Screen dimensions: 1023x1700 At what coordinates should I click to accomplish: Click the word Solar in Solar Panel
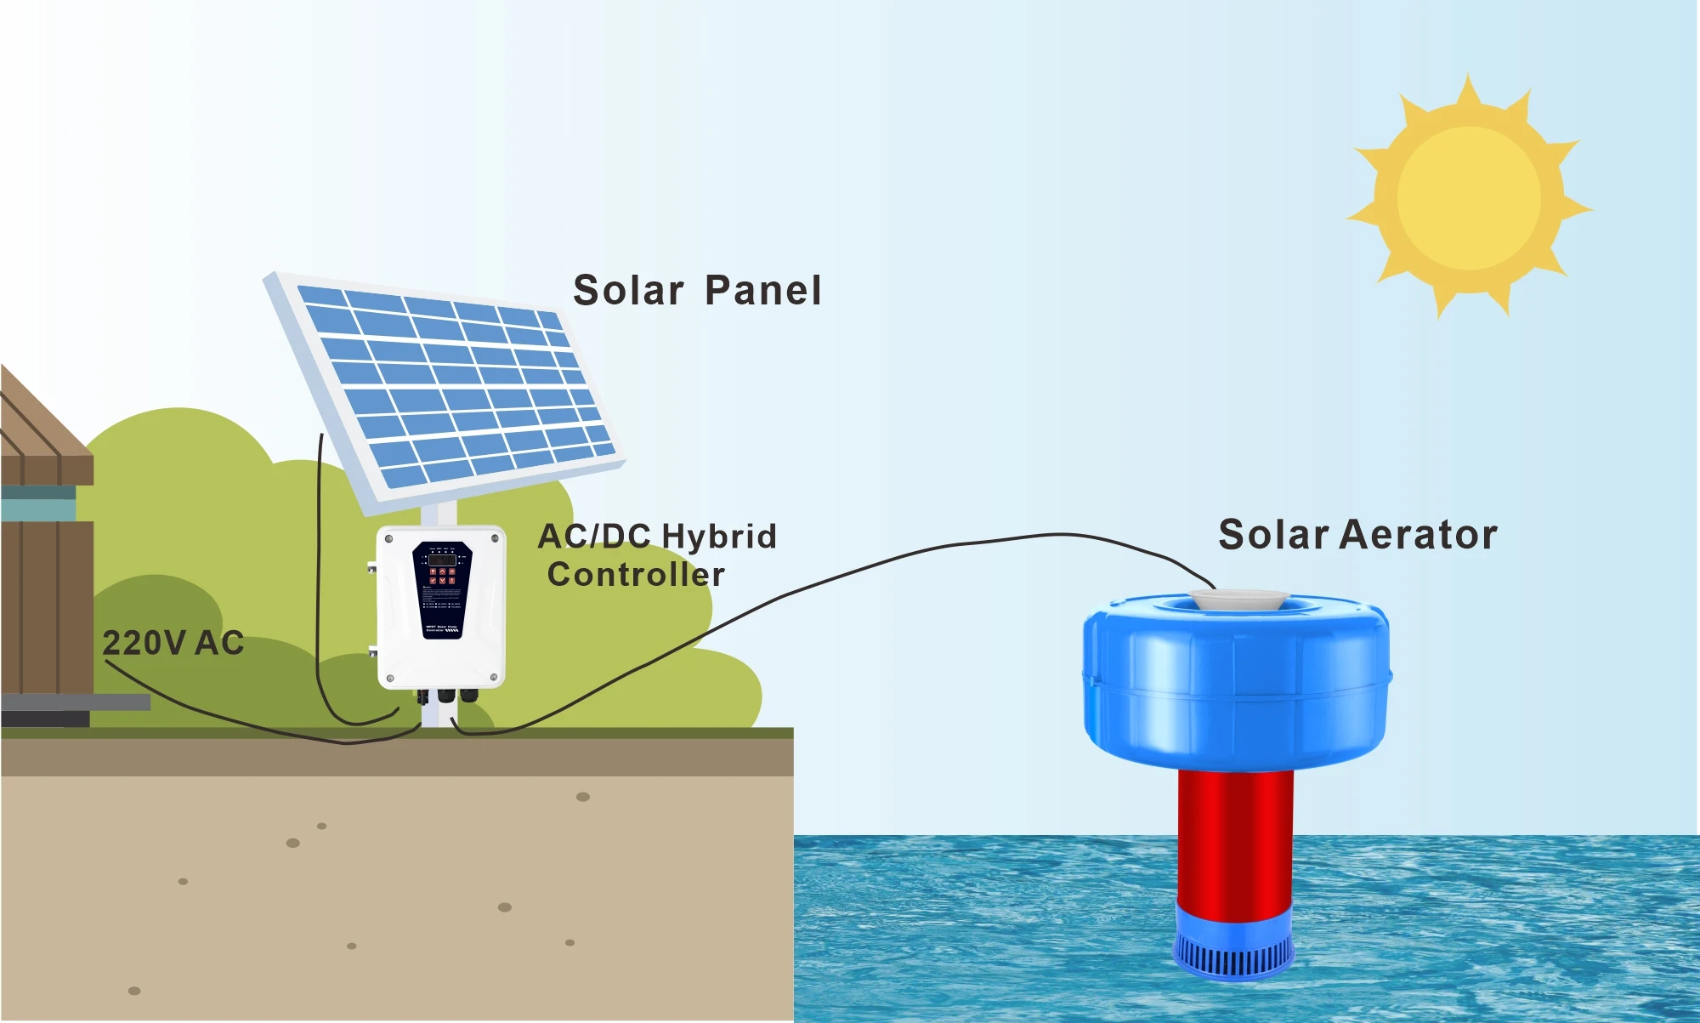click(628, 291)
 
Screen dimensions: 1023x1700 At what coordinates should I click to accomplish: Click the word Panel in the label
click(763, 291)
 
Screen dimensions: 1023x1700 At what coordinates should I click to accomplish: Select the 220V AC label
click(173, 643)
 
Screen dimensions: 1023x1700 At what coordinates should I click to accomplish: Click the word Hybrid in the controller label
click(719, 537)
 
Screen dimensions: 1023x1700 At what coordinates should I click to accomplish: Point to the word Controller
click(636, 575)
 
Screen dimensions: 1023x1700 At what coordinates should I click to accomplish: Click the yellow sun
click(1469, 197)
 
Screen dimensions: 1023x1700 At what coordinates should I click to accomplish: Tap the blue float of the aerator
click(1236, 680)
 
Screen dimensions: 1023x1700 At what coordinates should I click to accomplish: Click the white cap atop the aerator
click(1238, 599)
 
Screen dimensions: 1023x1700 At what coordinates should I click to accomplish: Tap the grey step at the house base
click(76, 702)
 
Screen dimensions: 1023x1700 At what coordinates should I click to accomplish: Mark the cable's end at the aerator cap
click(1213, 587)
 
